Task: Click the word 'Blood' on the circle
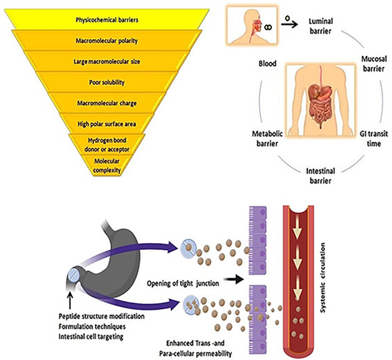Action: [x=268, y=63]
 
